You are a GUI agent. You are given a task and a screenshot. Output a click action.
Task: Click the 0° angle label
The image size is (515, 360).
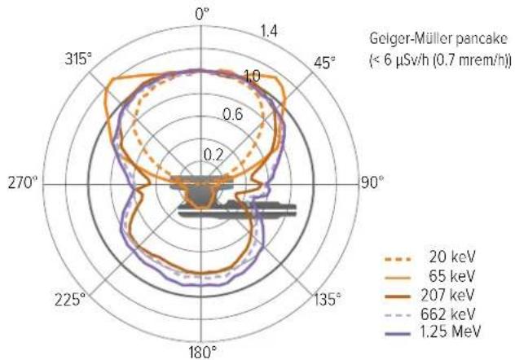coord(201,15)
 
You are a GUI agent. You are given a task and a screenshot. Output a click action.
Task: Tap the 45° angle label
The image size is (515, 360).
coord(324,63)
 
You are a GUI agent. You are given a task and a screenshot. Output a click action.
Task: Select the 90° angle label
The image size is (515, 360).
coord(372,182)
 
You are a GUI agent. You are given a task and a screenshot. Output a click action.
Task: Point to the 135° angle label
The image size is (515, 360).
coord(327,299)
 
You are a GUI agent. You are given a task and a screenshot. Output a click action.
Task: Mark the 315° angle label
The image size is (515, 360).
coord(78,59)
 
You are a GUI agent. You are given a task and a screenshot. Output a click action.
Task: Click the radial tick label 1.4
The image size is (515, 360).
coord(269,31)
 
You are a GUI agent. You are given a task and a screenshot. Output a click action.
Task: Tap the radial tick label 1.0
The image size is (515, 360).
coord(253,76)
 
